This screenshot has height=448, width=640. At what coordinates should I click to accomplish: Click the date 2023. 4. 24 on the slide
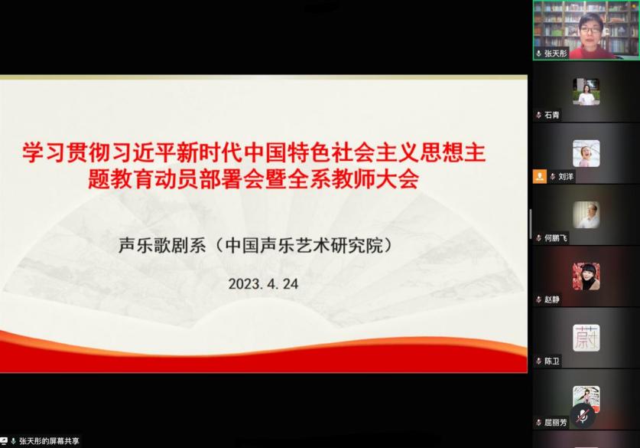coord(263,284)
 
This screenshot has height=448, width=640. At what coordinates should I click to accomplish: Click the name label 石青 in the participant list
coord(552,116)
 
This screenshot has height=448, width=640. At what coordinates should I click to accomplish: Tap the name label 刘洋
coord(566,177)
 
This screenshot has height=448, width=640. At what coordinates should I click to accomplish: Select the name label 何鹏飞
coord(556,238)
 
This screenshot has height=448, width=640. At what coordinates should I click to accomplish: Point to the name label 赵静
coord(552,299)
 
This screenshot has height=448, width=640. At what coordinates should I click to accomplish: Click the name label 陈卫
coord(552,361)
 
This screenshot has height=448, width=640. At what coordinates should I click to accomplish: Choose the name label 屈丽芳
coord(556,422)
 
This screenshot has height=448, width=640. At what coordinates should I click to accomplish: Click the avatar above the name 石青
coord(586,92)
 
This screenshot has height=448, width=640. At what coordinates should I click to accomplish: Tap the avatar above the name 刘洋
coord(586,153)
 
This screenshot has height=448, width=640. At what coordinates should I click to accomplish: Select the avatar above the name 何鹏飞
coord(586,214)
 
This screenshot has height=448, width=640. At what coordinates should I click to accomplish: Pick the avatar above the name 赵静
coord(586,276)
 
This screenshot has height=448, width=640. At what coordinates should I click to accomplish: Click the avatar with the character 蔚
coord(586,338)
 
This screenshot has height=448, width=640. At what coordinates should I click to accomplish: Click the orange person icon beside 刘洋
coord(540,177)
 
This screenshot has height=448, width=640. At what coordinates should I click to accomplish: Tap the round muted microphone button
coord(583,416)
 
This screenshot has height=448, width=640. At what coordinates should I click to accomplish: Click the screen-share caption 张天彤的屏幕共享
coord(49,441)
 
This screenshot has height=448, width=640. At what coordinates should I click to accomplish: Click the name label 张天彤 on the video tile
coord(556,54)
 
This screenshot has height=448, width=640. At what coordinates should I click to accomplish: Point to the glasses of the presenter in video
coord(590,30)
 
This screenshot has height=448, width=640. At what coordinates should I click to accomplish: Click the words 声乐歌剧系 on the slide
coord(162,245)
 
